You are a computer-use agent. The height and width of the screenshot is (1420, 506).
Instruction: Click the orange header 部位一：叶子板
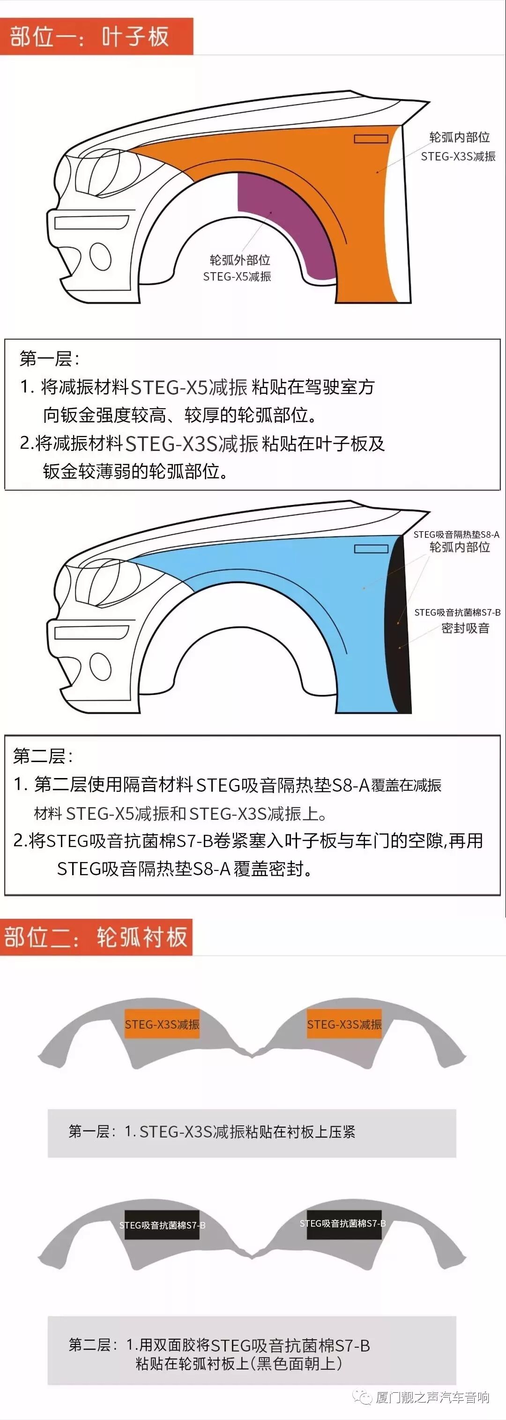97,37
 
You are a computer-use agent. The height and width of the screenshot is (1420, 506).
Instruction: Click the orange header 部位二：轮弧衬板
97,937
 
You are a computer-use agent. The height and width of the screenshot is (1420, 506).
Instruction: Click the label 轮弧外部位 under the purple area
239,260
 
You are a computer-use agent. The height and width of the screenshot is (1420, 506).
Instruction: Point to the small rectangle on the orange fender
371,138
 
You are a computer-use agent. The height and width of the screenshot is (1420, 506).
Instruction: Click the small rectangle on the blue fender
371,549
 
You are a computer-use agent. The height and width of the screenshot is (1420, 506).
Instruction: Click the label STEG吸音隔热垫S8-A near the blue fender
456,534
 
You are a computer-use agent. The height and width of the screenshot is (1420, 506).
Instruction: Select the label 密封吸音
465,628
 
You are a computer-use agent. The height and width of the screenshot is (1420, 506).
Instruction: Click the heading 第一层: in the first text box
50,359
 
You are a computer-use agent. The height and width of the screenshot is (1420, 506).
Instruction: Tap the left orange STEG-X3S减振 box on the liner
162,1024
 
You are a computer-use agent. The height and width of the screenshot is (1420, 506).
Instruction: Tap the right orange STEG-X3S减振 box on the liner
344,1024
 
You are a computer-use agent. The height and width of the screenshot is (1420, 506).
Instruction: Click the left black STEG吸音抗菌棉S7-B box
162,1225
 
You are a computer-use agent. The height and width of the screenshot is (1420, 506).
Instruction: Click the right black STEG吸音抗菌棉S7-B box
343,1224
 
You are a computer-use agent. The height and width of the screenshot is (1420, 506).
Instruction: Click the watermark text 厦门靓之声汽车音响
433,1397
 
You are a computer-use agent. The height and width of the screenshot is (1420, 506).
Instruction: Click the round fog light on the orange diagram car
101,256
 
